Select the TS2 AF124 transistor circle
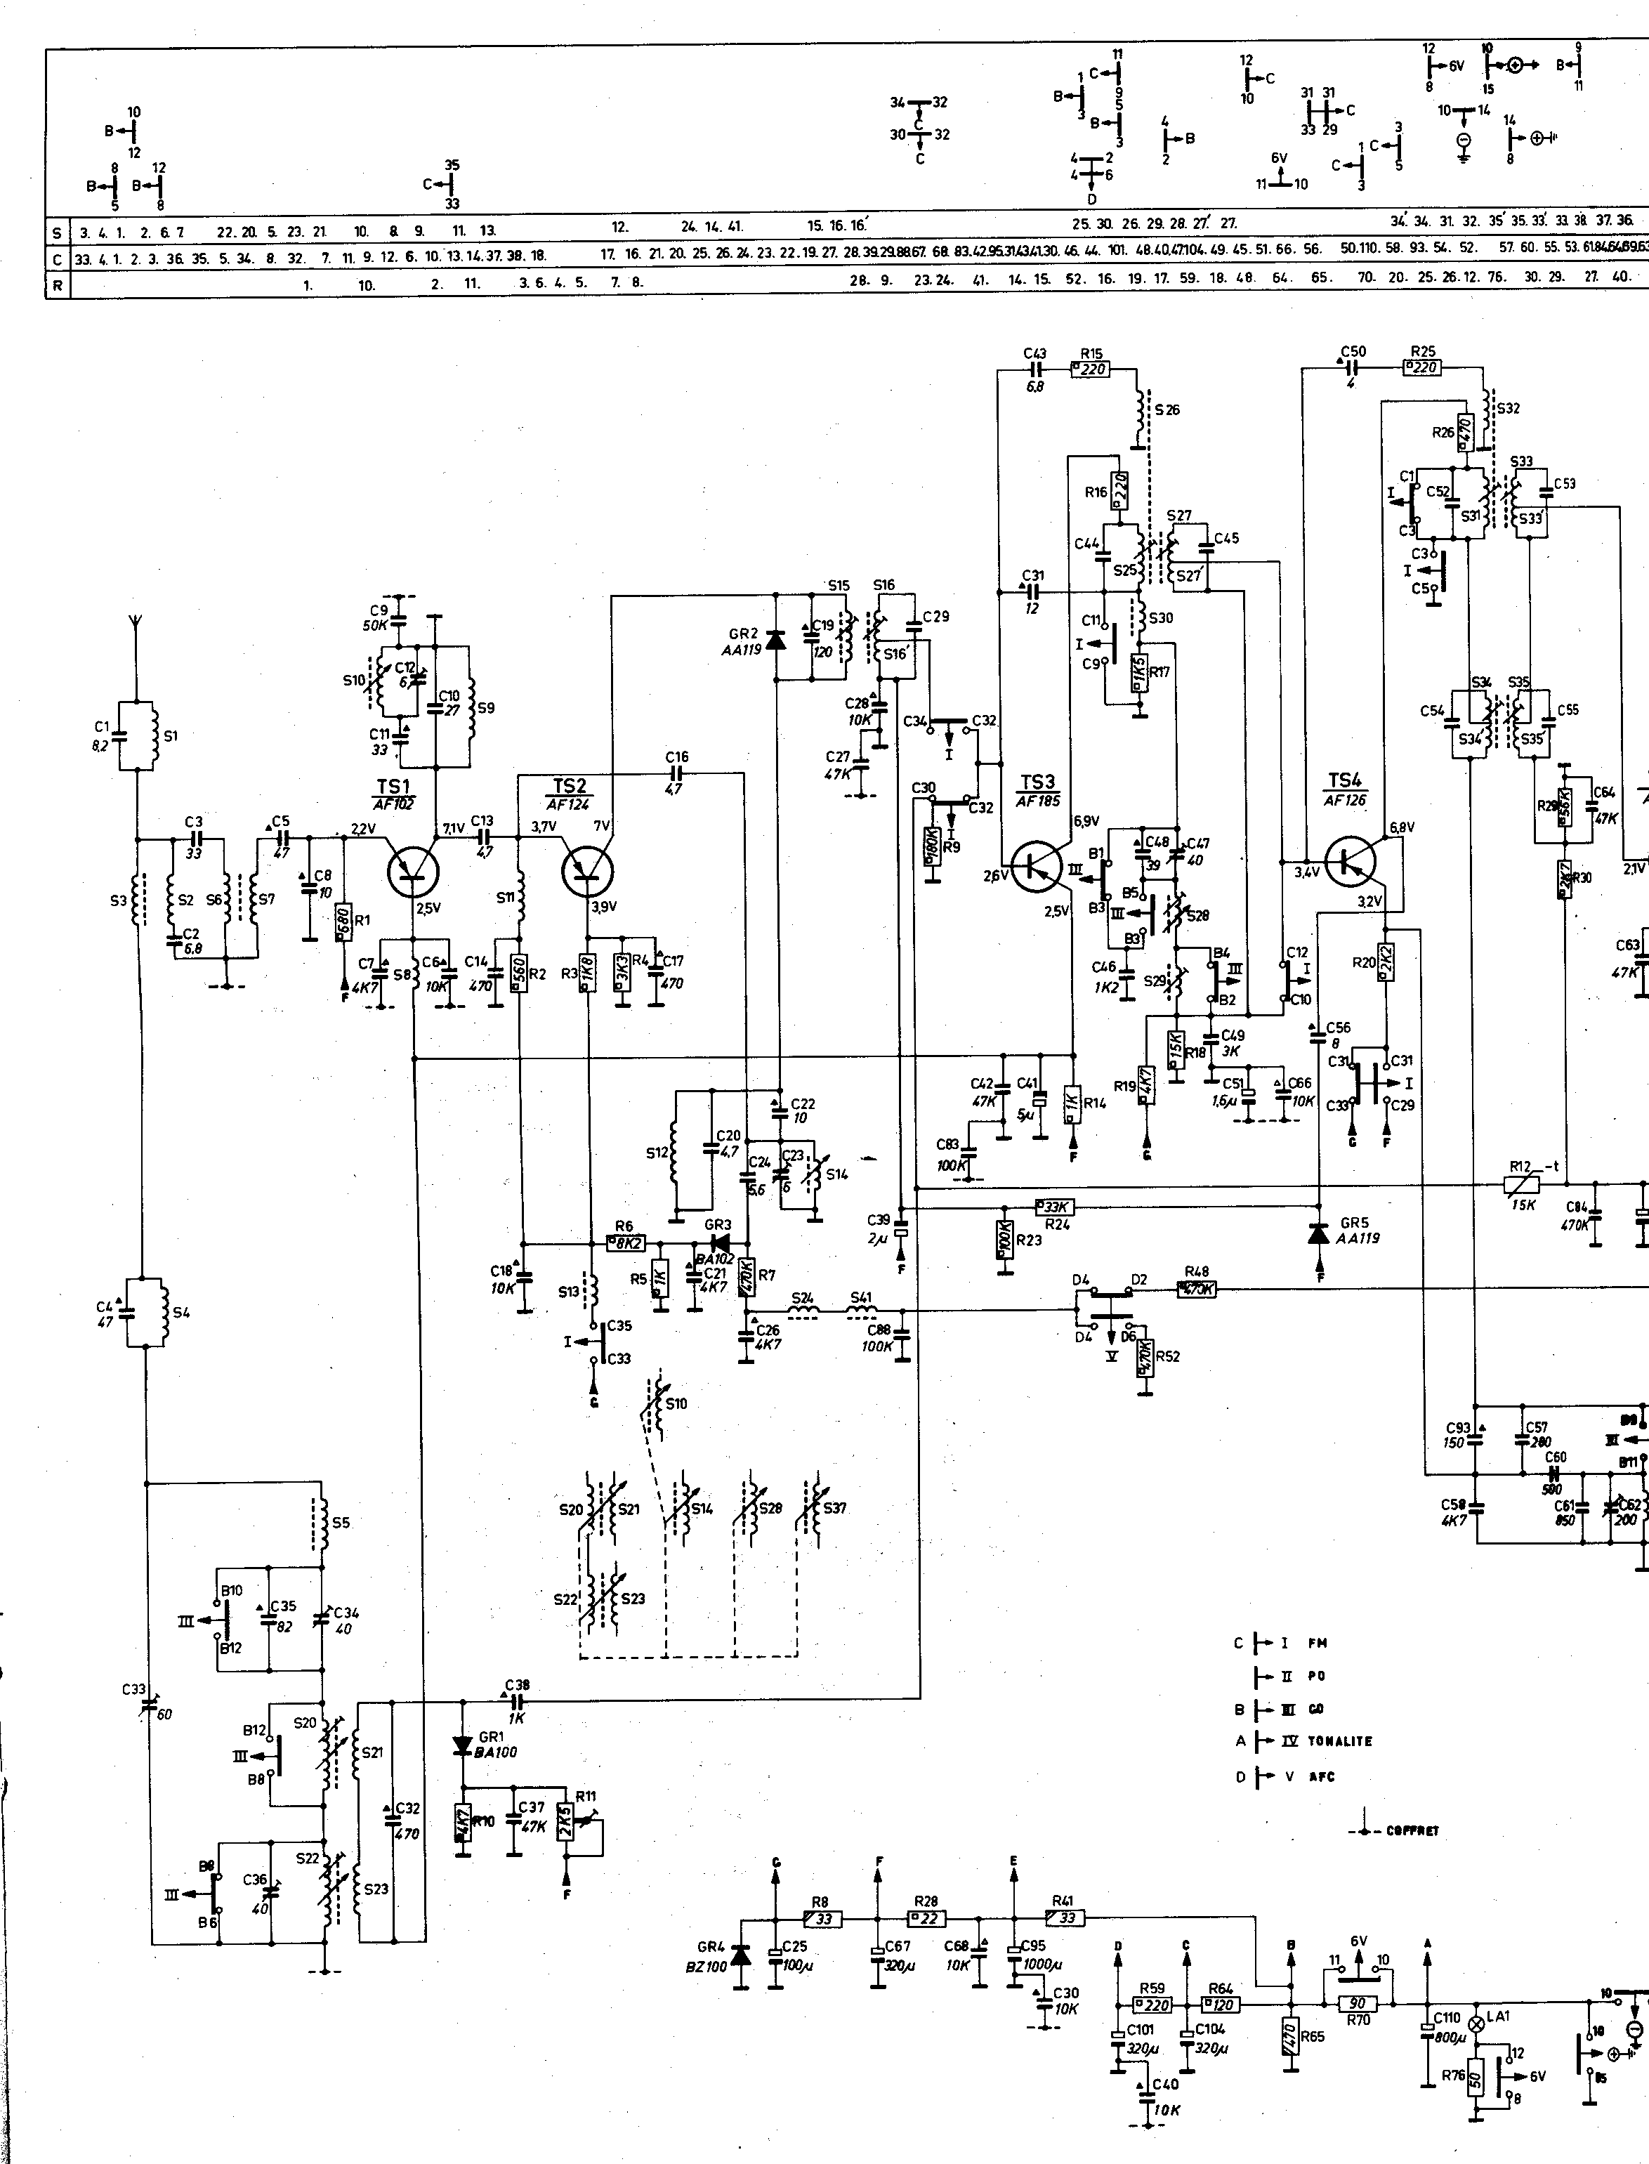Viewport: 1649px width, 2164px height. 588,870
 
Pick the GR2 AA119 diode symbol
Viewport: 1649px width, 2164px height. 775,640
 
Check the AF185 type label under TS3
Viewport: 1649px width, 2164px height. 1037,801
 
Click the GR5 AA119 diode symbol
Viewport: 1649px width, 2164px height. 1318,1232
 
